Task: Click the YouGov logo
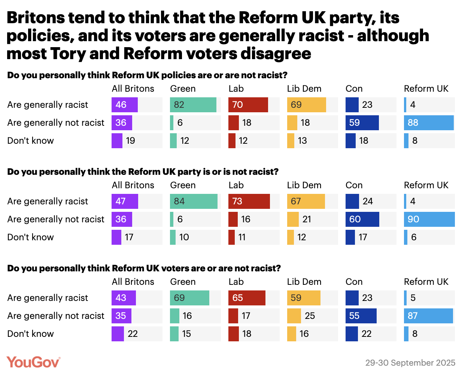point(33,362)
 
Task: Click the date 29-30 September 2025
point(410,363)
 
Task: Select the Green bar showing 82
point(193,105)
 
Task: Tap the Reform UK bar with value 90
point(429,219)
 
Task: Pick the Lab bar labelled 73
point(249,201)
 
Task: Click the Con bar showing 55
point(361,316)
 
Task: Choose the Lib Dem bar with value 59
point(304,298)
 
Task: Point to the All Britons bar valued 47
point(125,201)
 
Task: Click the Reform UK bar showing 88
point(429,123)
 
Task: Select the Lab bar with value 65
point(247,298)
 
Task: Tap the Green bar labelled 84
point(194,201)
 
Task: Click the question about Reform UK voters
point(144,268)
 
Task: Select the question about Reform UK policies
point(147,75)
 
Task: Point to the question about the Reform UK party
point(143,172)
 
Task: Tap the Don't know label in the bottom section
point(31,334)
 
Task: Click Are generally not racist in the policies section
point(56,123)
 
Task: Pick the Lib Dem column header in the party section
point(304,185)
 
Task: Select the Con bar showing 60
point(362,219)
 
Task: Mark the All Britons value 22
point(133,334)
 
